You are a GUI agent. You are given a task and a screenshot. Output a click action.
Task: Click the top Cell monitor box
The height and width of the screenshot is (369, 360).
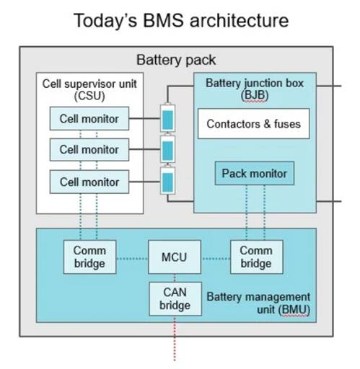[89, 119]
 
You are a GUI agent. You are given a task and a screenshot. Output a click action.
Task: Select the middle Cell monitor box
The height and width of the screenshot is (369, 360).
[89, 150]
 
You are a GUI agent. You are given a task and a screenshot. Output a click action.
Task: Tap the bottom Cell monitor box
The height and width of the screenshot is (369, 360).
[89, 182]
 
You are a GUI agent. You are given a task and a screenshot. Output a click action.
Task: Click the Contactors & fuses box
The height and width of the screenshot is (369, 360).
[254, 124]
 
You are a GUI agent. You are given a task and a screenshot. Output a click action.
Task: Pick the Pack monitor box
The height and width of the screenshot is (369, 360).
[255, 173]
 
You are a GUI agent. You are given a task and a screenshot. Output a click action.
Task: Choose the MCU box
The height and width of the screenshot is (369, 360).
[175, 257]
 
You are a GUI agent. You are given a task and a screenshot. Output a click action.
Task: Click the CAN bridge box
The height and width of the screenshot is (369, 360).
[175, 299]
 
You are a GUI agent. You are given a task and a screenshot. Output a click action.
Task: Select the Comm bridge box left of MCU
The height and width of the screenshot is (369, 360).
[89, 257]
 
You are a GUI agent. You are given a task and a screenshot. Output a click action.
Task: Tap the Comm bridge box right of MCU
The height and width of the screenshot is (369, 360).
[257, 257]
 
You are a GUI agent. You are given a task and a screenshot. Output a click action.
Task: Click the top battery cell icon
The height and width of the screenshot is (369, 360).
[167, 117]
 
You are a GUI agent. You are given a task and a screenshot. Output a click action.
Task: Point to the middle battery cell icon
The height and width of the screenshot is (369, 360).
[167, 149]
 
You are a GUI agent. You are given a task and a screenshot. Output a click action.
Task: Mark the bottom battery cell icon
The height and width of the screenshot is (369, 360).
[167, 180]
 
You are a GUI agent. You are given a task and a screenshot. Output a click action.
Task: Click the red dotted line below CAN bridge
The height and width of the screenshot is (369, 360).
[175, 339]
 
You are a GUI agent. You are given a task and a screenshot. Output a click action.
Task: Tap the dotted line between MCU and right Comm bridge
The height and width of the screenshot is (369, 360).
[216, 259]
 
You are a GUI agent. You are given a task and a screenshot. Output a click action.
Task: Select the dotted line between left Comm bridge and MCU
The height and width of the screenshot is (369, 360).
[132, 259]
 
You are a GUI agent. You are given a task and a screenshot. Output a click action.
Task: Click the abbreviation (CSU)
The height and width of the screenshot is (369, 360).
[89, 96]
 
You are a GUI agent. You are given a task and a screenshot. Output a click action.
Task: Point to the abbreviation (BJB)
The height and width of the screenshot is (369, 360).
[255, 95]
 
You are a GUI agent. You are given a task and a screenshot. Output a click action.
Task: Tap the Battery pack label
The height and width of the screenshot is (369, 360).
[176, 60]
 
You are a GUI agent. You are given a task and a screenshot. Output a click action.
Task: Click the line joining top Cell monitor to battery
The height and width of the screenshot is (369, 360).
[144, 118]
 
